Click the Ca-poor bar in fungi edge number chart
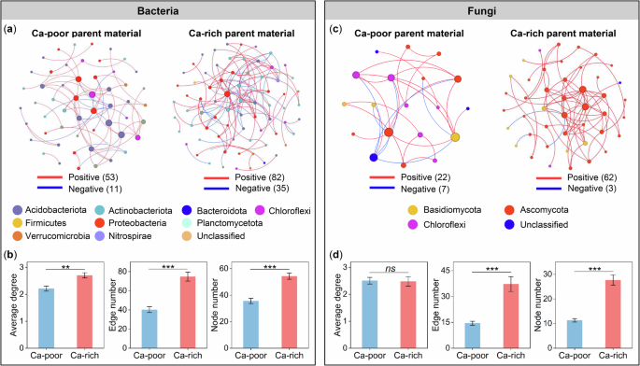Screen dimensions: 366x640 coord(473,335)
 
